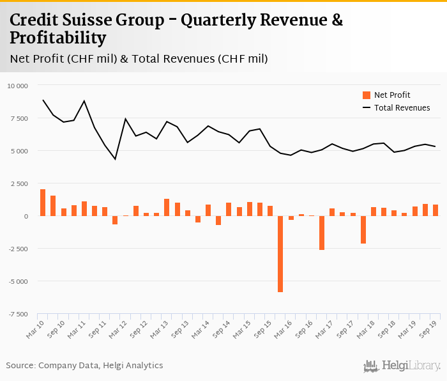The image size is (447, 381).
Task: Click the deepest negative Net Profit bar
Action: pos(280,254)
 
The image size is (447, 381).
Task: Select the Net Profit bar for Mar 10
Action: pos(43,203)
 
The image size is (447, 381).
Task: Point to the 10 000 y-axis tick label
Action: pos(18,86)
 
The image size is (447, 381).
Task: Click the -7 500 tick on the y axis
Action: pos(18,314)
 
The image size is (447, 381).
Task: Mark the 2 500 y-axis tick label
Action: pos(19,183)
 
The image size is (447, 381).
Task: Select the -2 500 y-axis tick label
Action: pos(18,249)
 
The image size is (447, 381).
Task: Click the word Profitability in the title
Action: pos(57,38)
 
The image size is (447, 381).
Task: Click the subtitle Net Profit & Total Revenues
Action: pos(139,59)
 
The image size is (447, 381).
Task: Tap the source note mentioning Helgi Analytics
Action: pos(84,366)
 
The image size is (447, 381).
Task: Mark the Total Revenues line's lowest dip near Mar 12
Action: pos(115,159)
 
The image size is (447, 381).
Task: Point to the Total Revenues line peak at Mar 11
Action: pos(84,101)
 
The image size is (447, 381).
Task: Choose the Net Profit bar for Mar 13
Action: pos(167,207)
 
